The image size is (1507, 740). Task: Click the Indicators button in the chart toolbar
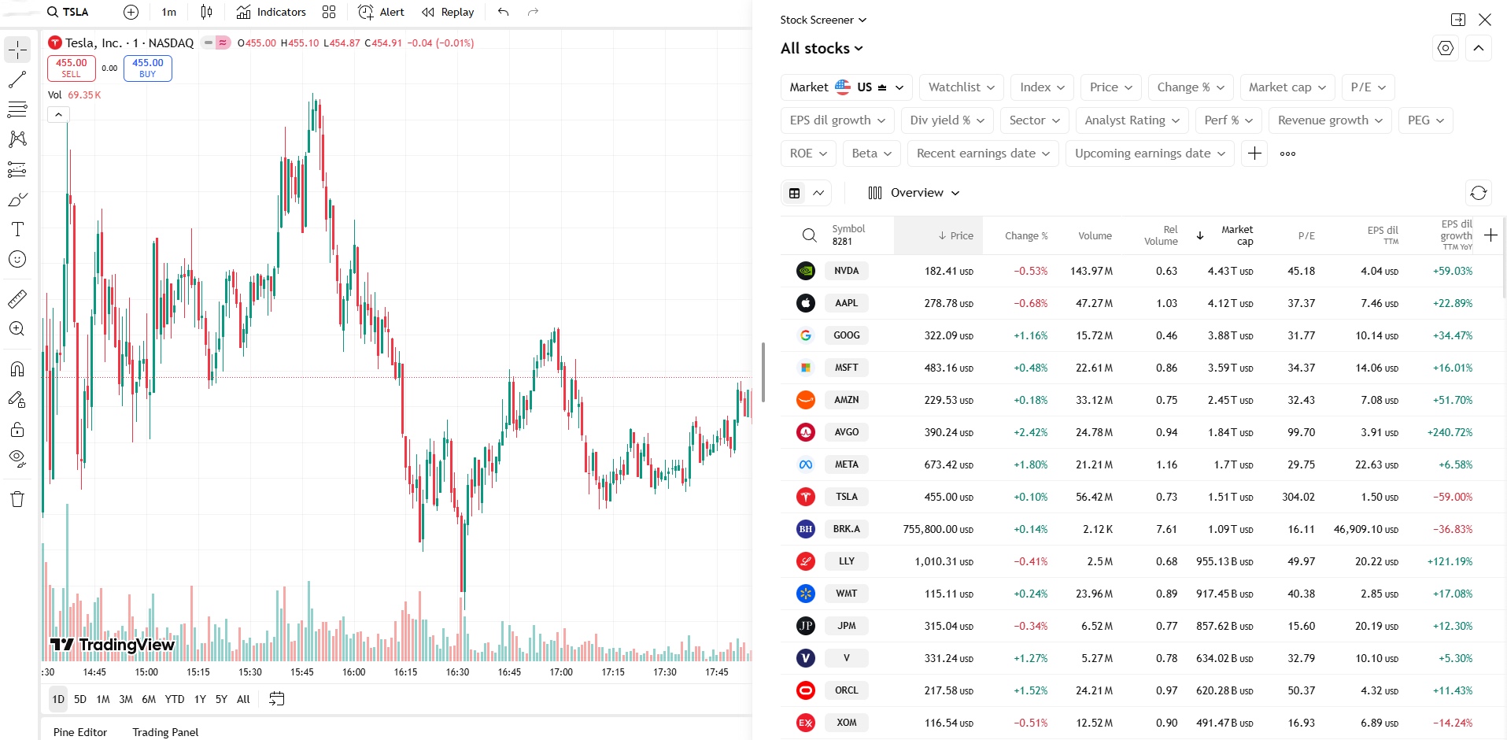(271, 12)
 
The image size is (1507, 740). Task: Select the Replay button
(448, 12)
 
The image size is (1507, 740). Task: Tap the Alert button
(382, 12)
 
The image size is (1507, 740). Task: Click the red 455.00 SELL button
(71, 68)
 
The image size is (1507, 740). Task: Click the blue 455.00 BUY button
(147, 68)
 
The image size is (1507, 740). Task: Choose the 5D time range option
(80, 699)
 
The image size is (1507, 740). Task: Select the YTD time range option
(175, 699)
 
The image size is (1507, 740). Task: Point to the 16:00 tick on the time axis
(354, 672)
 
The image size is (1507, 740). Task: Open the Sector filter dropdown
(1035, 120)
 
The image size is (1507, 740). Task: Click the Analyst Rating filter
(1132, 120)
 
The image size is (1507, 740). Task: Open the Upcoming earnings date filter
(1150, 154)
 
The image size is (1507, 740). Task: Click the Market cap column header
(1237, 235)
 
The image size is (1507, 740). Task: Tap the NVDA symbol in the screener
(847, 271)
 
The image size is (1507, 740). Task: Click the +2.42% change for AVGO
(1030, 432)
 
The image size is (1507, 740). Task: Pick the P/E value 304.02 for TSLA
(1298, 497)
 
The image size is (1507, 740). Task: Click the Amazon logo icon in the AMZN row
(805, 400)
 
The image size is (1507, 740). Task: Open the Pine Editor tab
(80, 732)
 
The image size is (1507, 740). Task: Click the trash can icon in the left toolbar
(17, 499)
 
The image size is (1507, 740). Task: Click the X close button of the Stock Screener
(1485, 20)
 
